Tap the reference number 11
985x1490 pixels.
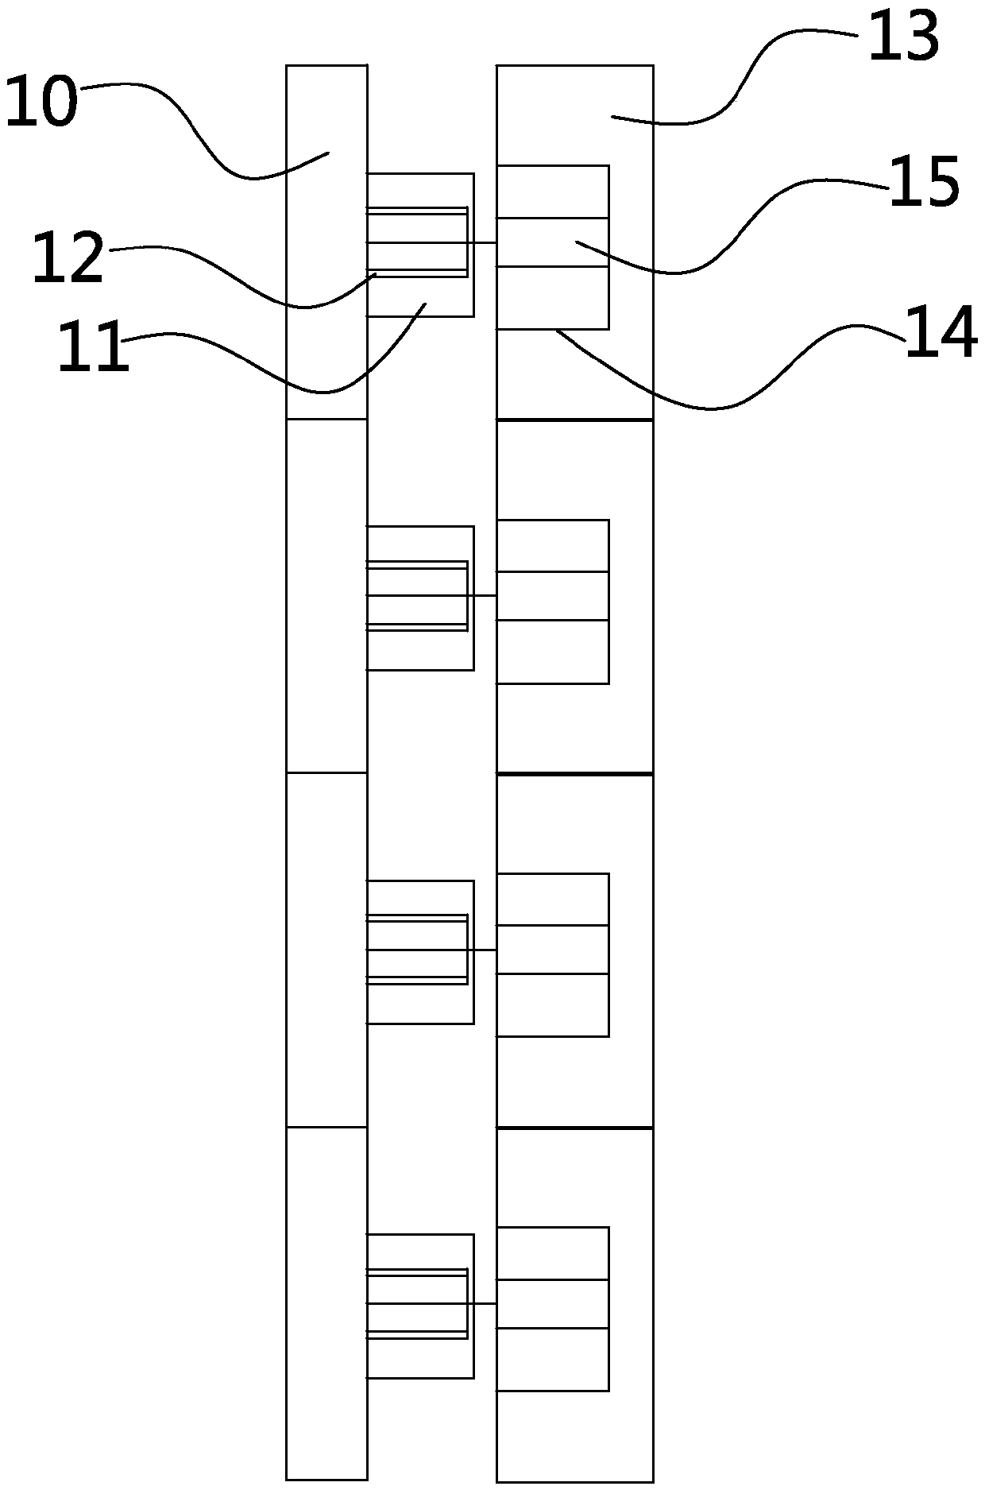pyautogui.click(x=93, y=346)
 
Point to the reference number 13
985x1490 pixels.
pyautogui.click(x=903, y=37)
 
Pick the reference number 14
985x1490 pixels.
pyautogui.click(x=941, y=334)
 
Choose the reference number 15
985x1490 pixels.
pyautogui.click(x=924, y=183)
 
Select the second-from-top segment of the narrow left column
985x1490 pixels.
pyautogui.click(x=326, y=595)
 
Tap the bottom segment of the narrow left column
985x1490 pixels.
pyautogui.click(x=326, y=1303)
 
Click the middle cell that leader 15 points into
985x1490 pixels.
pyautogui.click(x=553, y=242)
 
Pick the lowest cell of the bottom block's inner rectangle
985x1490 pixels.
pyautogui.click(x=553, y=1358)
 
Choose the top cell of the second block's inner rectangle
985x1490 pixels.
pyautogui.click(x=553, y=546)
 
